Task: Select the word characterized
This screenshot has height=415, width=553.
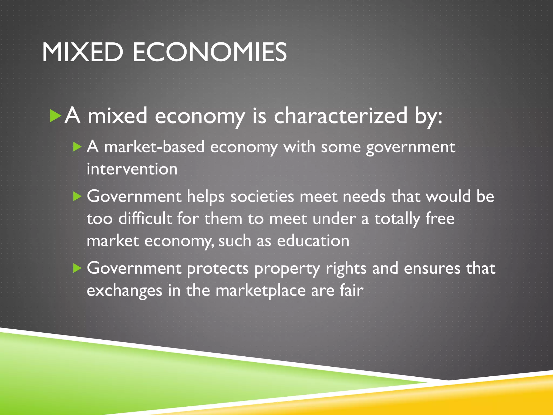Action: pos(340,116)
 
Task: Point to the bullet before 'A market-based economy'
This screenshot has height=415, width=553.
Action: pos(77,147)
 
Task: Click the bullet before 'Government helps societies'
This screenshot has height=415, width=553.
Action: pos(77,196)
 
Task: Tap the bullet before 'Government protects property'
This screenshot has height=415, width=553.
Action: pos(77,268)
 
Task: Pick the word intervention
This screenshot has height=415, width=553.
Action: pos(132,169)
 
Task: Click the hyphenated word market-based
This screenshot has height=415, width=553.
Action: pos(154,147)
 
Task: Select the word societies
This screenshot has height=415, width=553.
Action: pos(262,196)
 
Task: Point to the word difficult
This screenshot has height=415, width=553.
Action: pos(145,219)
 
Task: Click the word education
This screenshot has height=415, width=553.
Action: pos(313,241)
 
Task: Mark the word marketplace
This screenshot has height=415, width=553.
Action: pos(261,291)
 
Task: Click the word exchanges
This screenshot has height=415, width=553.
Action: pos(124,291)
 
